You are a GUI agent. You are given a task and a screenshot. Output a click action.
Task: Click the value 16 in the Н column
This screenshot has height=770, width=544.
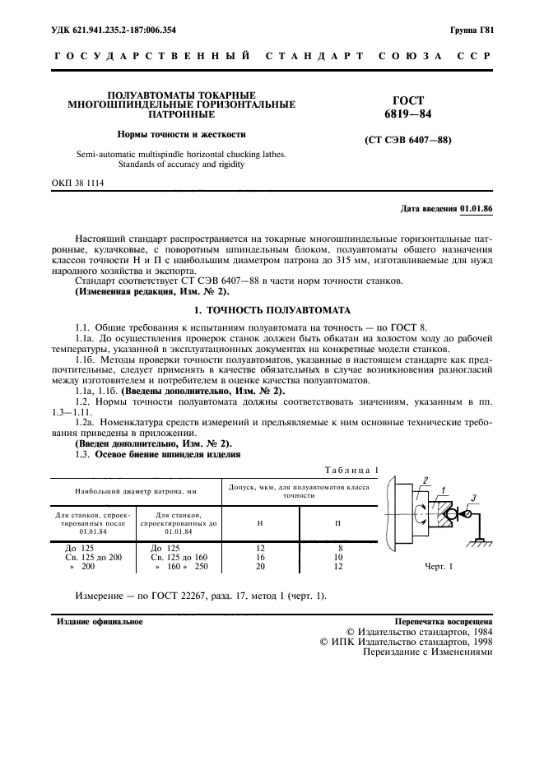[x=260, y=557]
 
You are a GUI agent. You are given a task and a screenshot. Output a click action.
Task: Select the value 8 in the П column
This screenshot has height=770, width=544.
[x=338, y=547]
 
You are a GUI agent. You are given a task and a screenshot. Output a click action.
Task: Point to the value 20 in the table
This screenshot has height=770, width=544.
[x=260, y=567]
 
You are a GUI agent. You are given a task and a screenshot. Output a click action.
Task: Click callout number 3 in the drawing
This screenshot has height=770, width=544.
[x=474, y=495]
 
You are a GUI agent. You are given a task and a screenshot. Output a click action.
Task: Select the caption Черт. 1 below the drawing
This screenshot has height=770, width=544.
[x=439, y=567]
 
